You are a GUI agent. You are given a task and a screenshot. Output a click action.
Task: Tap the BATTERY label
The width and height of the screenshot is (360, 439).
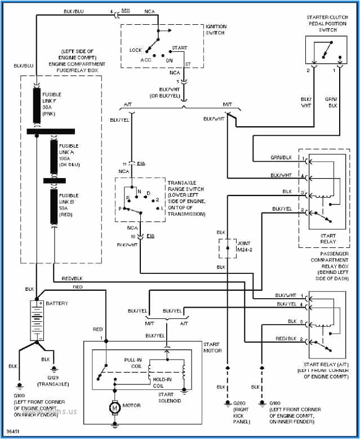57,304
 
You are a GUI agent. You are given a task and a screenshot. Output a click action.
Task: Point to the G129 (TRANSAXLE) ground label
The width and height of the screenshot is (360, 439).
52,380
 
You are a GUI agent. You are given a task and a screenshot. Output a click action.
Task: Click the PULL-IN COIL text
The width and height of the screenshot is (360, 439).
134,362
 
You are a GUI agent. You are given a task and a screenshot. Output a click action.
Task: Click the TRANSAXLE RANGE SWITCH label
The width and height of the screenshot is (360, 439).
186,198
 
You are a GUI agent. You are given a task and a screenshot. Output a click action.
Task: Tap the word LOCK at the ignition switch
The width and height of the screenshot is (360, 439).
136,50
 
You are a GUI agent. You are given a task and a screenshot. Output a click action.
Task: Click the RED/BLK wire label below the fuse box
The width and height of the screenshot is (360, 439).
72,278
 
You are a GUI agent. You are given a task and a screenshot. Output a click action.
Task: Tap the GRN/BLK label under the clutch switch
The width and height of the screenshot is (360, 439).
331,102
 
